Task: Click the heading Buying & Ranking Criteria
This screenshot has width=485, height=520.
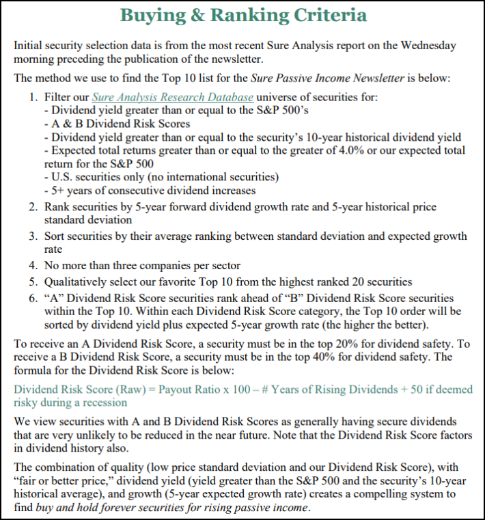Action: (242, 15)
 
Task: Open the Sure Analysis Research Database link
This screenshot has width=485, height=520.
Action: (173, 97)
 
